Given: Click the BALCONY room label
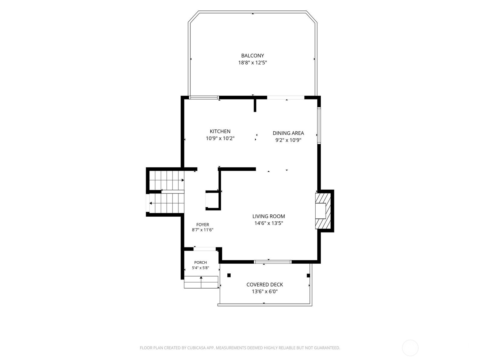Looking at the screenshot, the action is (253, 55).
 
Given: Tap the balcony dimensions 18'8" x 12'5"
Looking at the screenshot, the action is (253, 63).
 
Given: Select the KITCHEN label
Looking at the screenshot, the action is (220, 131).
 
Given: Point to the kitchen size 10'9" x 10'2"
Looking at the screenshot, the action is (220, 138).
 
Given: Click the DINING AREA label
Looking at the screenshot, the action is (288, 133).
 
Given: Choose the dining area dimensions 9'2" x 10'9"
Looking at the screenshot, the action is (288, 140).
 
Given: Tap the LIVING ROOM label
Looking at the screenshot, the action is (268, 216).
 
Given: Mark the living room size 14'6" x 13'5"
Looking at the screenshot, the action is (268, 223).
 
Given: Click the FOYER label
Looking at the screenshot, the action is (202, 224).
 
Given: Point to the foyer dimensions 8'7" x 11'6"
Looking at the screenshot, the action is (202, 230).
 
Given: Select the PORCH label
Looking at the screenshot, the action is (200, 262).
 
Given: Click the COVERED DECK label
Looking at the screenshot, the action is (265, 285).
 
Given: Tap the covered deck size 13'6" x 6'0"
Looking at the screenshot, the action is (265, 292).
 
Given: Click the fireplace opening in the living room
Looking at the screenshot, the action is (320, 211).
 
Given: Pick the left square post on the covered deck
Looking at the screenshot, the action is (229, 275).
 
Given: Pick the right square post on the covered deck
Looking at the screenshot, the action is (308, 275).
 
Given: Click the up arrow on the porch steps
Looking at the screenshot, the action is (201, 282).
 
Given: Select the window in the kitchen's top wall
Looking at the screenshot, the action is (204, 97).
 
